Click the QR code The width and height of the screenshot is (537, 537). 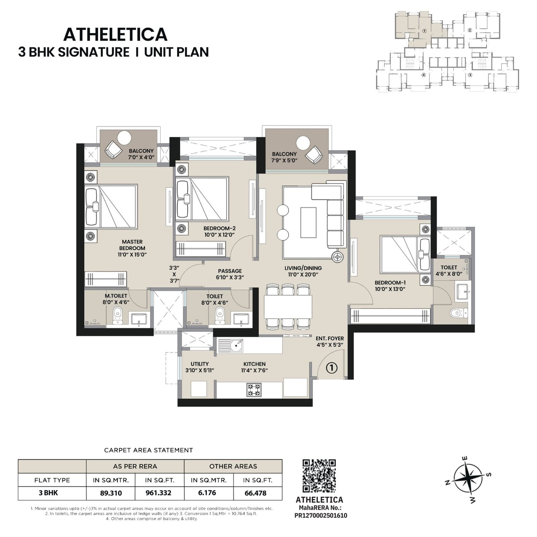click(319, 476)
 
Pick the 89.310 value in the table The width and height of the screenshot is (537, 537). click(111, 493)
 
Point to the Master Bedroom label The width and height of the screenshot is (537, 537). click(132, 248)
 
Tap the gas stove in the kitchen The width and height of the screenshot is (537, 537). click(254, 390)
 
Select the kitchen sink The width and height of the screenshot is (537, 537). click(231, 345)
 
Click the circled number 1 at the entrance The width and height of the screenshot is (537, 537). click(332, 368)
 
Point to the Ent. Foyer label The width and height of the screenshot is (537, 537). click(330, 341)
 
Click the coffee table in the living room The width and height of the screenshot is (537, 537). click(308, 222)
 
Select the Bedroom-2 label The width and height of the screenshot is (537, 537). click(219, 232)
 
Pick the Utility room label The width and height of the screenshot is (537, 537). click(200, 367)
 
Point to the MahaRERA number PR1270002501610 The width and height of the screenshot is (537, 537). click(321, 515)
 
